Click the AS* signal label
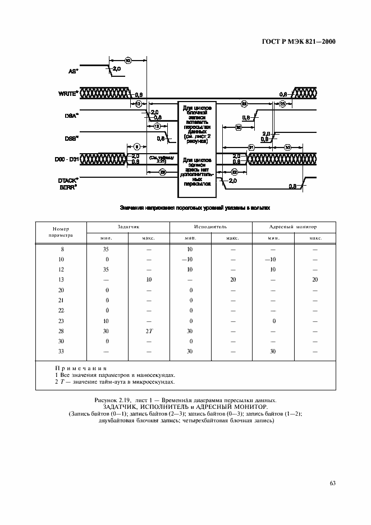click(x=72, y=71)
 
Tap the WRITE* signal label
click(x=68, y=93)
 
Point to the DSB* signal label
click(x=71, y=136)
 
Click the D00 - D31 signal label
click(x=67, y=159)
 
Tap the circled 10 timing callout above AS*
click(x=128, y=59)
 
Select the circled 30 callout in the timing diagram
click(x=287, y=148)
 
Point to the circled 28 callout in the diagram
click(x=162, y=172)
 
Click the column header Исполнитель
click(x=210, y=227)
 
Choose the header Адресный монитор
click(x=292, y=227)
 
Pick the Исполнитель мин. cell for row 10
click(x=190, y=259)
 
